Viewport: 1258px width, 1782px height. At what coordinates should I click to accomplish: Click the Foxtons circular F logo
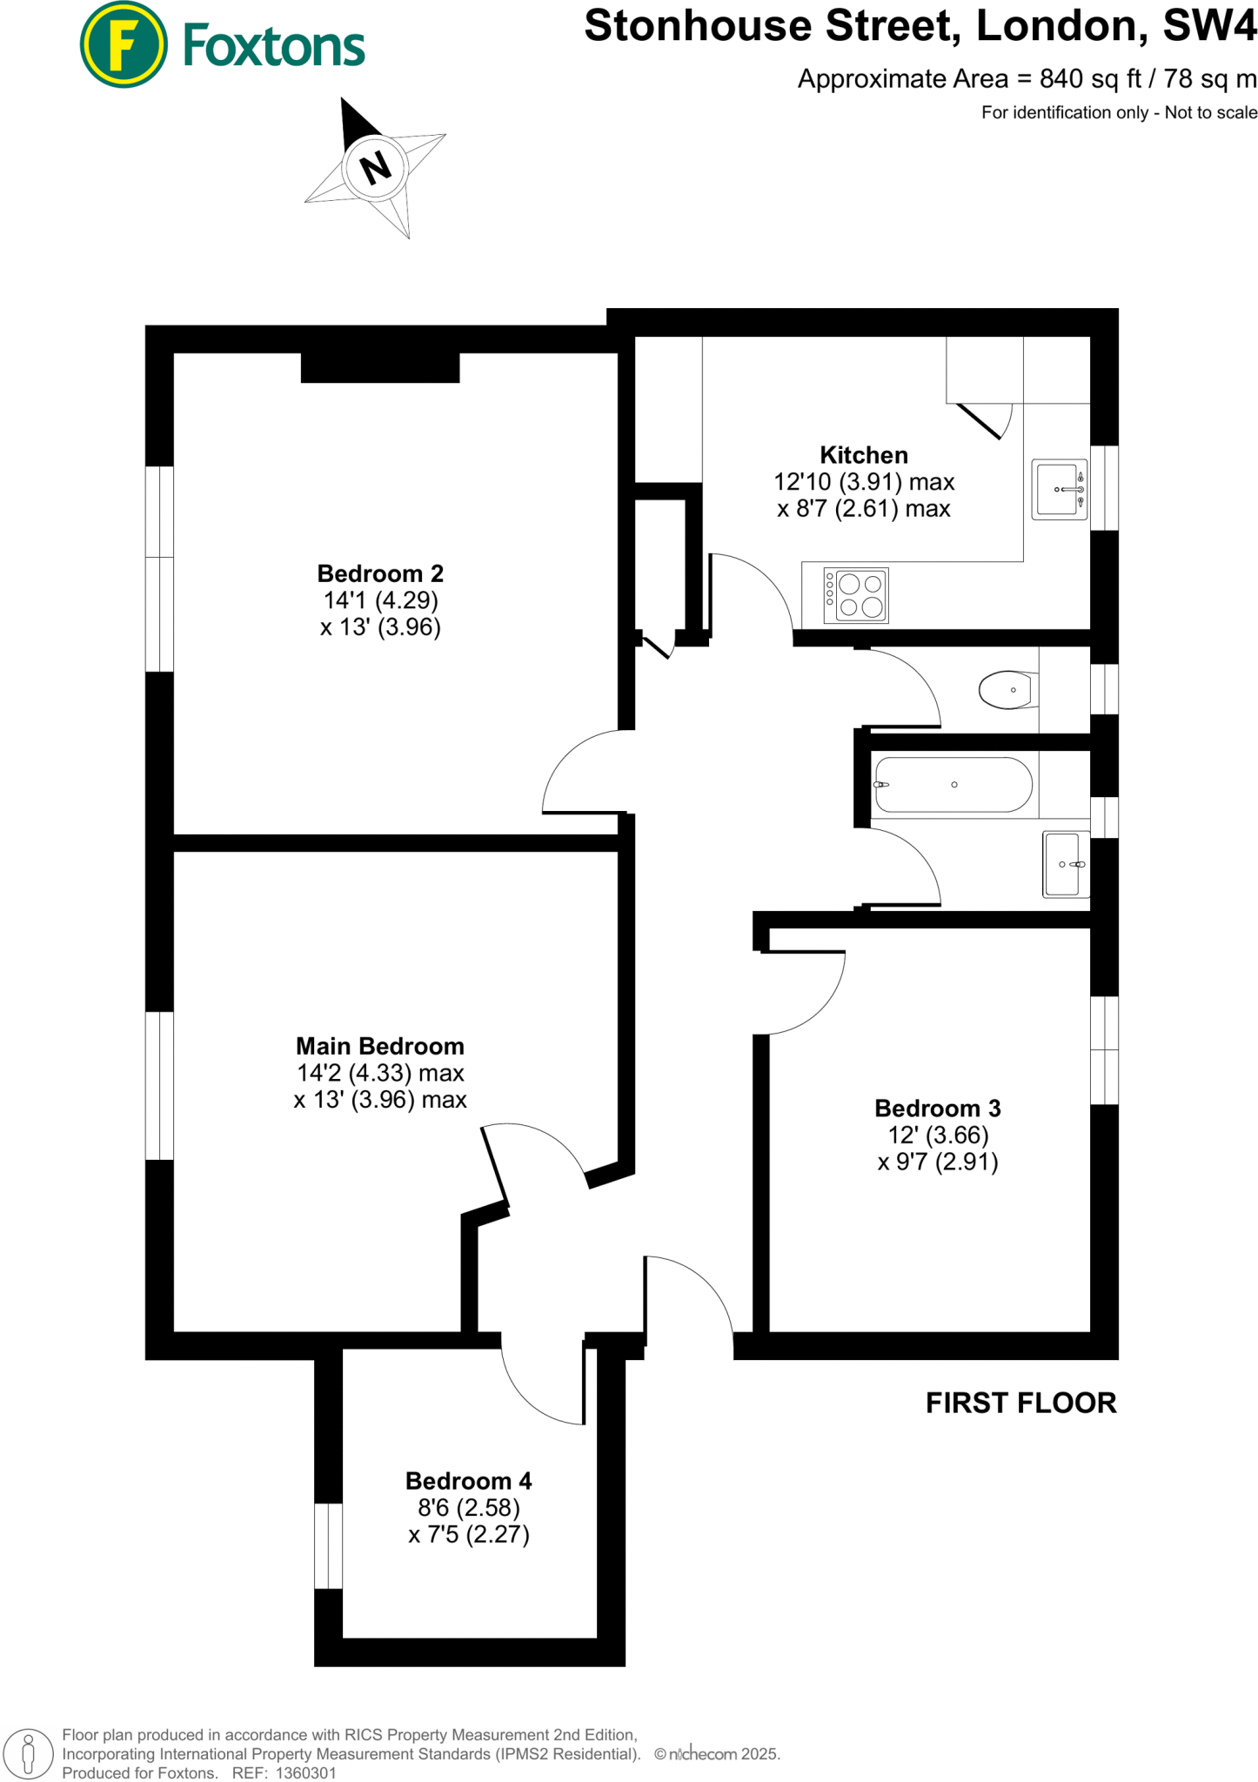point(124,44)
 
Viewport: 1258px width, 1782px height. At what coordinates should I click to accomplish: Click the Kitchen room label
point(864,455)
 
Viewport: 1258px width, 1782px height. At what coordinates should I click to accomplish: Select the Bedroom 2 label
point(380,573)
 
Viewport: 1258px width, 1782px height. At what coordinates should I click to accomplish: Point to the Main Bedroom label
point(380,1046)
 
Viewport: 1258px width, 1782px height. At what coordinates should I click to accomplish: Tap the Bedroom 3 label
point(937,1109)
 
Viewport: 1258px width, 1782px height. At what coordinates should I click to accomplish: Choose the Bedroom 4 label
point(468,1481)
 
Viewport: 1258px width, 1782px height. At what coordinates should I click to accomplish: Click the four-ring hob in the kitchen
point(857,596)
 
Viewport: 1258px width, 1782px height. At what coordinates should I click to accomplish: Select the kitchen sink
point(1059,489)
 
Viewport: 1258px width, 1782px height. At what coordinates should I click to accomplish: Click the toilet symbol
point(1007,690)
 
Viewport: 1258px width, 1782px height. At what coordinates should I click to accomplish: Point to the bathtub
point(954,785)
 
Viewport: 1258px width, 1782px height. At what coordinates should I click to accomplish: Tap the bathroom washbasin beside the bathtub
point(1065,864)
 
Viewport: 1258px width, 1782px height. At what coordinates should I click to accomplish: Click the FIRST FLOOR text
point(1020,1403)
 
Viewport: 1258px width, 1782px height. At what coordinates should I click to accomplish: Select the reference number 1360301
point(305,1773)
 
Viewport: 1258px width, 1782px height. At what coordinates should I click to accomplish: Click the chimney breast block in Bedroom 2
point(380,367)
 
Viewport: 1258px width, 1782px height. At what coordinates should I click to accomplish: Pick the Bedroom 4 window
point(328,1546)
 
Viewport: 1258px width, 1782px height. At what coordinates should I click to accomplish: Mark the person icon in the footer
point(28,1752)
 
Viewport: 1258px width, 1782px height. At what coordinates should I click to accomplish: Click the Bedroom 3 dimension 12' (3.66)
point(938,1136)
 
